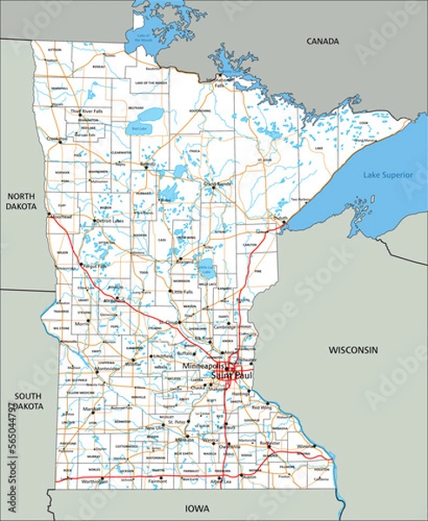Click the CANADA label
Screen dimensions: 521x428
321,41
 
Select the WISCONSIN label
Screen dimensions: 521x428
352,349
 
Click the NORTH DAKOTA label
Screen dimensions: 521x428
21,201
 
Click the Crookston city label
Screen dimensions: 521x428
57,139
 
